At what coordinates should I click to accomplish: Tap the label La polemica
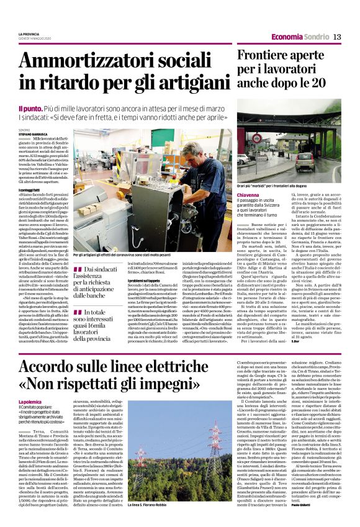[32, 387]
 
